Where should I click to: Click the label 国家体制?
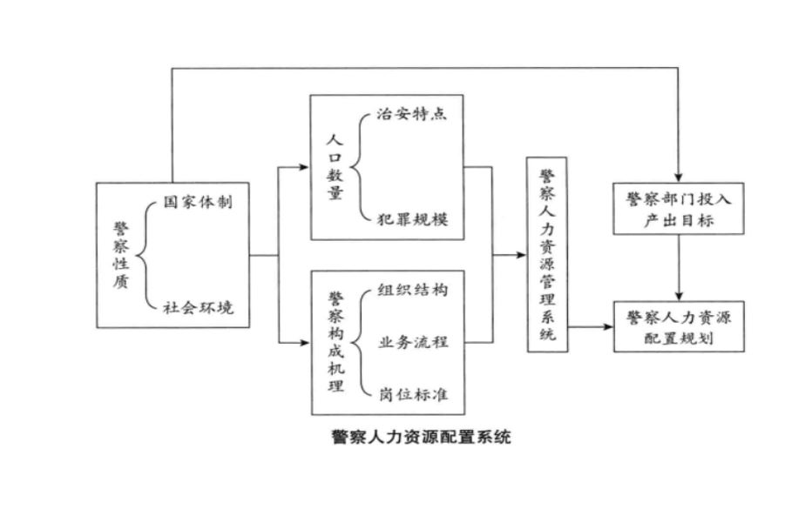198,203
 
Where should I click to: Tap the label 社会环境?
198,306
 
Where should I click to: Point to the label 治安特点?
412,114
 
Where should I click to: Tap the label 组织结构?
413,290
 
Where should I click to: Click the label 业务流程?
413,342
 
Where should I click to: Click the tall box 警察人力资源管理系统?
546,253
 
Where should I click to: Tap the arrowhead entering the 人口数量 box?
305,166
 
